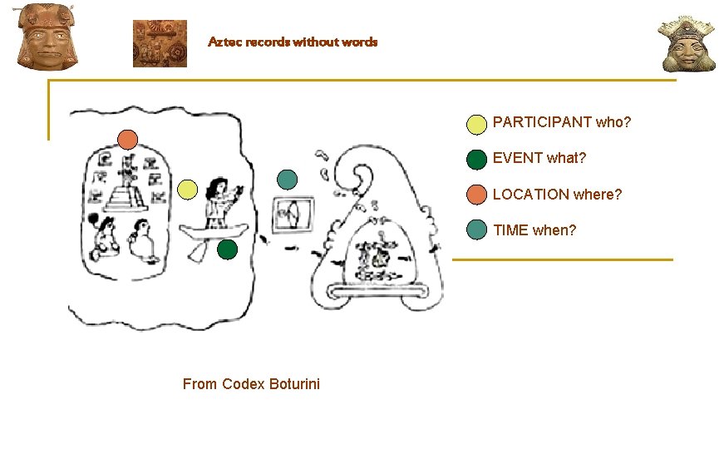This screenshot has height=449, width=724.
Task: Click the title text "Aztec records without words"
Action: tap(293, 42)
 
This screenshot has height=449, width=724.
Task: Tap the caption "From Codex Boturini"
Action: tap(251, 383)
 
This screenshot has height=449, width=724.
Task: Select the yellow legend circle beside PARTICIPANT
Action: tap(476, 125)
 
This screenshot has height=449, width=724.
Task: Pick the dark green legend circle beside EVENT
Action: tap(476, 159)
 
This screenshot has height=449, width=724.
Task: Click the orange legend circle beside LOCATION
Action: tap(476, 195)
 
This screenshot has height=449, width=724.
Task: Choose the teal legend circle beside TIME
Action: tap(476, 230)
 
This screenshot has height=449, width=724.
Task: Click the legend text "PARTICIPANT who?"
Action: tap(562, 123)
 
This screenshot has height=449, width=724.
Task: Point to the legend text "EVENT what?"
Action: tap(539, 158)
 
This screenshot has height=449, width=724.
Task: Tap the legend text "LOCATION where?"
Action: tap(557, 195)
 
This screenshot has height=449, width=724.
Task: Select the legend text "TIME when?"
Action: tap(534, 230)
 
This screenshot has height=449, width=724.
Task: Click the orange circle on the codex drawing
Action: tap(127, 139)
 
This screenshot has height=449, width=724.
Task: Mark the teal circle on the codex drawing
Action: tap(287, 179)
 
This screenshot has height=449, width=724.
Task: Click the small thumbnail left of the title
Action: tap(160, 43)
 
